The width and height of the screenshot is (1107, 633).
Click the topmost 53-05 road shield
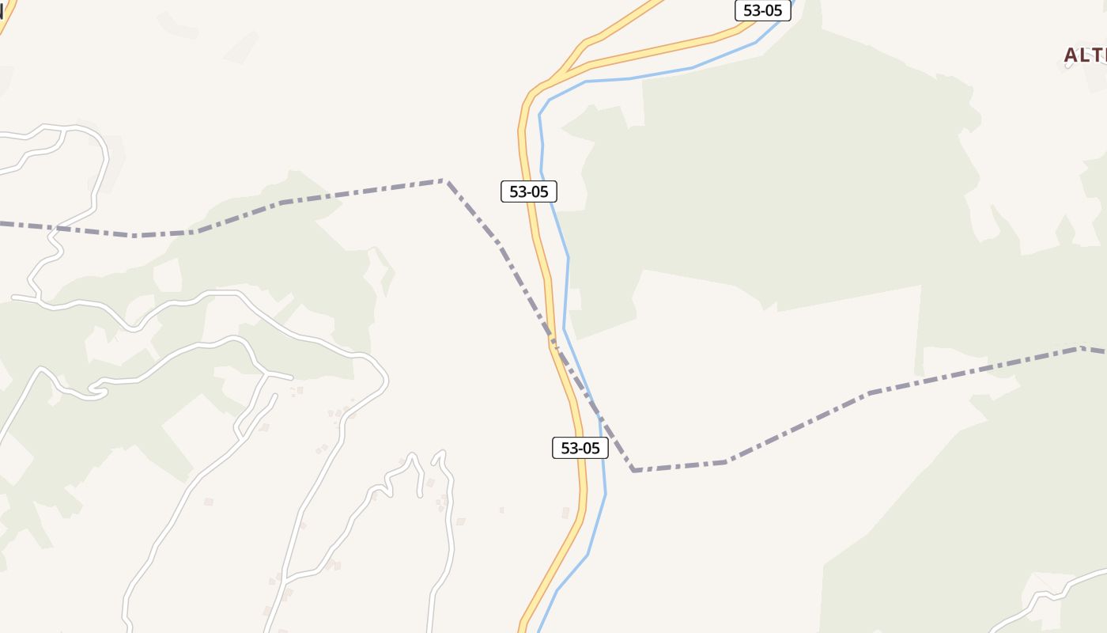tap(762, 10)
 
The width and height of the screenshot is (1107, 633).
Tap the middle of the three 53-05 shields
tap(529, 191)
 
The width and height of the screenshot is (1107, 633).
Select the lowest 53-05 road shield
tap(580, 448)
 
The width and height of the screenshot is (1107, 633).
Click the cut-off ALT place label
tap(1085, 55)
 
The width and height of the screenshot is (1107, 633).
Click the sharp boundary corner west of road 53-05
tap(445, 181)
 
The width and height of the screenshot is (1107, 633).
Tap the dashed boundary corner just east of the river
tap(634, 470)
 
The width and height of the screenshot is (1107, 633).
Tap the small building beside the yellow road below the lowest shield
tap(565, 513)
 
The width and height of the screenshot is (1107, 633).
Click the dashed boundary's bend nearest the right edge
tap(1080, 348)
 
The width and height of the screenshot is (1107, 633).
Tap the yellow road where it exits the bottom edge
tap(523, 627)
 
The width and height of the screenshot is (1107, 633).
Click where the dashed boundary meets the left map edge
tap(2, 224)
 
